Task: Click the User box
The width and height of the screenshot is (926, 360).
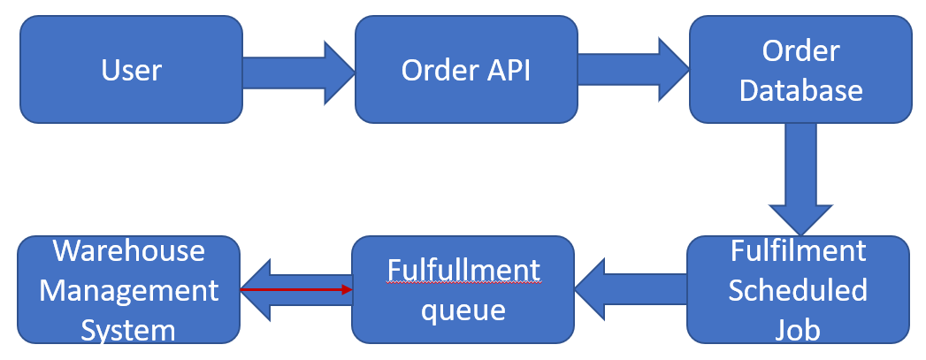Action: [x=131, y=69]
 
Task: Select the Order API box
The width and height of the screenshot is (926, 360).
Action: [x=465, y=69]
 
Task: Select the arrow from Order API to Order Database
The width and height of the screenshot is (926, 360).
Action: [x=632, y=70]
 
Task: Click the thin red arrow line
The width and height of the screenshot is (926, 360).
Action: [x=296, y=289]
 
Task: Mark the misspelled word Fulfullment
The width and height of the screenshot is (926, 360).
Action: [x=463, y=269]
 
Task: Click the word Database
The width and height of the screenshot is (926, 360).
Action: [x=800, y=89]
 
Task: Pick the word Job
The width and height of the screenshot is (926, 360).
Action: [x=798, y=329]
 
